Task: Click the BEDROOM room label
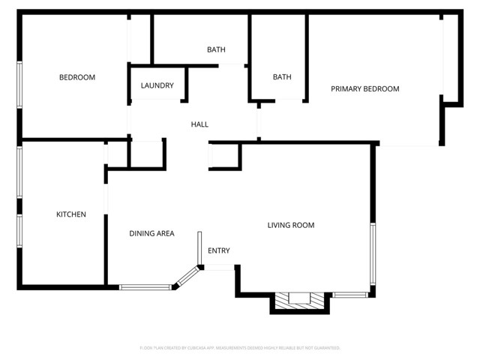point(77,77)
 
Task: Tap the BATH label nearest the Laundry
point(216,50)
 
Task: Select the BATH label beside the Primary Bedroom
point(282,77)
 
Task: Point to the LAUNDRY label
point(157,85)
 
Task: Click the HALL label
point(199,124)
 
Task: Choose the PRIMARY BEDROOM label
point(365,89)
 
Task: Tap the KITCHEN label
point(71,214)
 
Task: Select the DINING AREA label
point(151,233)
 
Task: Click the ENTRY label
point(219,250)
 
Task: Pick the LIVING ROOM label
point(291,225)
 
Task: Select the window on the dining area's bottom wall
point(145,286)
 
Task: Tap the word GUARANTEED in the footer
point(327,348)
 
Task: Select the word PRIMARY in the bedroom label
point(346,89)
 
